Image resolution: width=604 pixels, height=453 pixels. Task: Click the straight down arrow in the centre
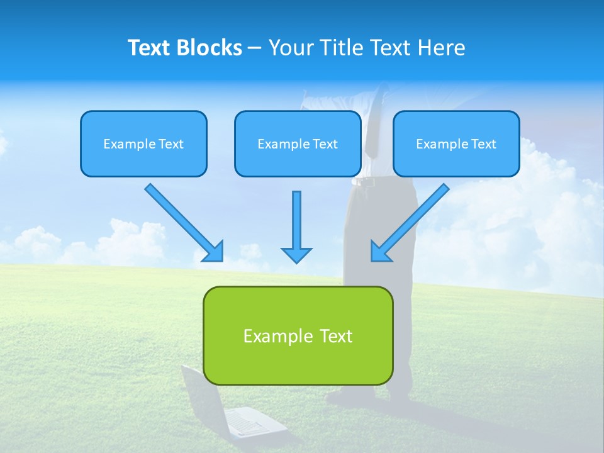click(296, 220)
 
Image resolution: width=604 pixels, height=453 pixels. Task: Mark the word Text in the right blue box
click(483, 144)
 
